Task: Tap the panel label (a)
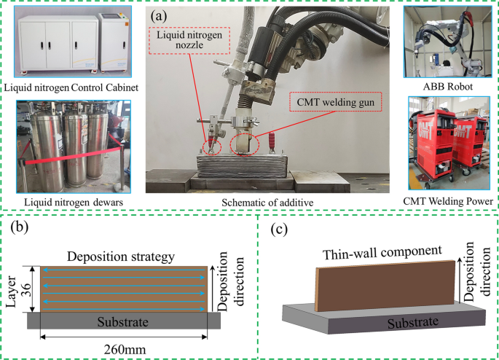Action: tap(161, 13)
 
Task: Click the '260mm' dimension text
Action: tap(127, 349)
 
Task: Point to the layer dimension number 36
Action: tap(25, 289)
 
